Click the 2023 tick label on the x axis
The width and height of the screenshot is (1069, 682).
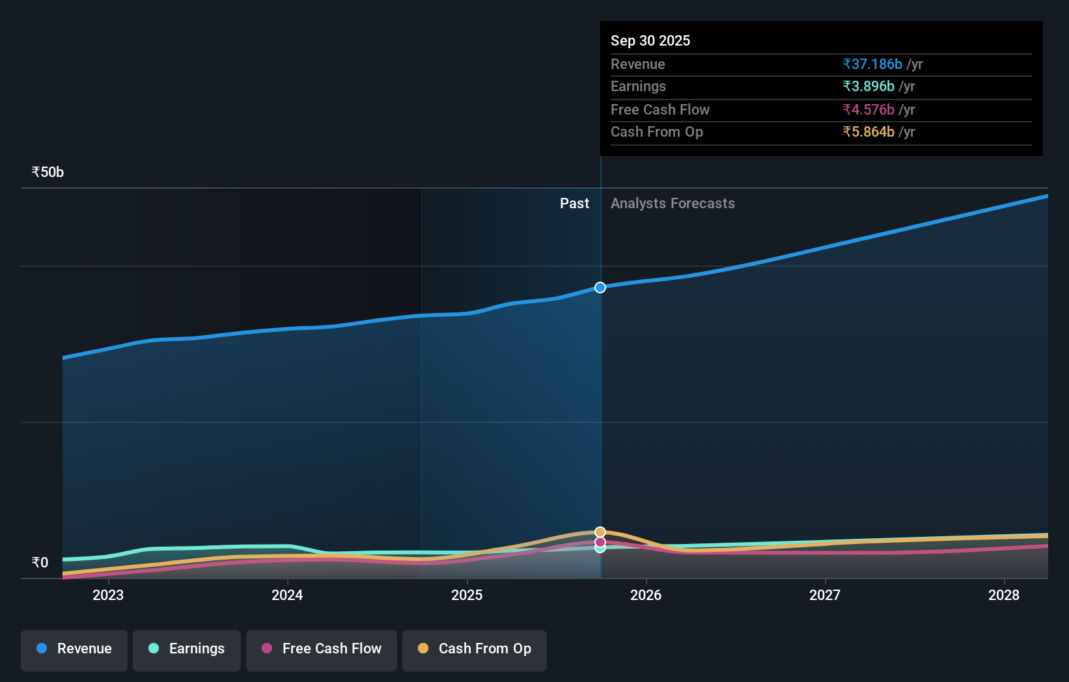pyautogui.click(x=108, y=595)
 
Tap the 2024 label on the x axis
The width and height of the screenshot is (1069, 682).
pyautogui.click(x=287, y=595)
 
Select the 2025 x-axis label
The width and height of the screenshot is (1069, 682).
pyautogui.click(x=467, y=595)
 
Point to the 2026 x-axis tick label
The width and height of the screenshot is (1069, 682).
pyautogui.click(x=646, y=595)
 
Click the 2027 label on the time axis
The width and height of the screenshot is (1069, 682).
pyautogui.click(x=825, y=595)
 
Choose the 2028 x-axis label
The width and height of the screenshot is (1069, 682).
pyautogui.click(x=1004, y=595)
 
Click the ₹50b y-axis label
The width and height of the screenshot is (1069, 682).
pyautogui.click(x=48, y=172)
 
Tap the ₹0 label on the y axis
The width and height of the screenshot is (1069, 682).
pyautogui.click(x=40, y=562)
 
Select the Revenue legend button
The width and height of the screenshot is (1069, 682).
pyautogui.click(x=74, y=649)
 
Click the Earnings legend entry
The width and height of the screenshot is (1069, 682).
pyautogui.click(x=187, y=649)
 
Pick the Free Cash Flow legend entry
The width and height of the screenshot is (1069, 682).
pyautogui.click(x=322, y=649)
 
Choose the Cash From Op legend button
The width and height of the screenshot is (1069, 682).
pyautogui.click(x=475, y=649)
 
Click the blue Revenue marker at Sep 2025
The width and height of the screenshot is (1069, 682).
pyautogui.click(x=600, y=288)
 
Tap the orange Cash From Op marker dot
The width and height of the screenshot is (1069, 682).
pyautogui.click(x=600, y=532)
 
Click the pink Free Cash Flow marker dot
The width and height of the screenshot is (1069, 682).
pyautogui.click(x=600, y=542)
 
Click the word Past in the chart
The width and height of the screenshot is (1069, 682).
pyautogui.click(x=574, y=204)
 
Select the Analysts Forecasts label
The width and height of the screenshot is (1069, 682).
pyautogui.click(x=673, y=204)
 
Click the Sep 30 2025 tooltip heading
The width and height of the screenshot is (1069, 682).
pyautogui.click(x=650, y=40)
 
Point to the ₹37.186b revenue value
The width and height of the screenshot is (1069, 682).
pyautogui.click(x=872, y=64)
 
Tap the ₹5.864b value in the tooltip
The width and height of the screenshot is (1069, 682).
pyautogui.click(x=868, y=132)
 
